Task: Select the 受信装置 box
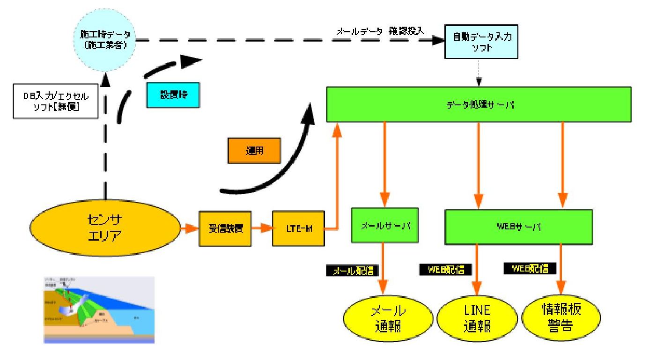click(225, 229)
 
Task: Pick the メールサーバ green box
click(384, 225)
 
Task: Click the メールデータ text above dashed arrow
click(356, 32)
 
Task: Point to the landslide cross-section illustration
click(99, 310)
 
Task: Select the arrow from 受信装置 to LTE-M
click(262, 229)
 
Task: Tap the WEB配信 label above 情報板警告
click(530, 269)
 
